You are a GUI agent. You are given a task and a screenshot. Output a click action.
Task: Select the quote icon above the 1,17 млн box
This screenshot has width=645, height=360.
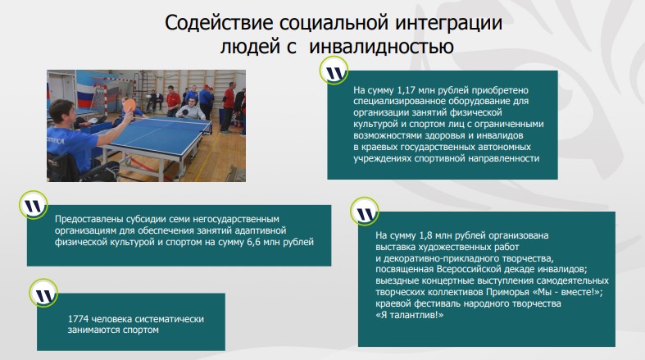coord(333,72)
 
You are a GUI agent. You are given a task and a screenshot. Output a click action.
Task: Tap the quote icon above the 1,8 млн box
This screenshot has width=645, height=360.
coord(364,212)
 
